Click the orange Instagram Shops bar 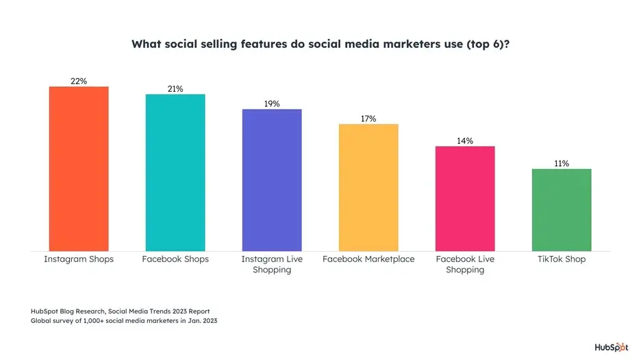click(x=79, y=168)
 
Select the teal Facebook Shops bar click(x=175, y=172)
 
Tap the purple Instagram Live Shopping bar click(x=272, y=179)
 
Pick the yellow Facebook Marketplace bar click(x=368, y=187)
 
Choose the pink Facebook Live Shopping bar click(x=465, y=198)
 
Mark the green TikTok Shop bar click(x=562, y=209)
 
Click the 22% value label click(x=79, y=81)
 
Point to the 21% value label click(x=175, y=89)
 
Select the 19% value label click(x=272, y=104)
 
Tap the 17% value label click(x=368, y=118)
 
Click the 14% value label click(x=465, y=141)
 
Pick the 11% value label click(x=562, y=164)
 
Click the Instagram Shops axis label click(x=79, y=259)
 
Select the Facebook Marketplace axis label click(x=368, y=259)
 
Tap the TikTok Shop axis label click(x=562, y=259)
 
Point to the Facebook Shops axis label click(x=175, y=259)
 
